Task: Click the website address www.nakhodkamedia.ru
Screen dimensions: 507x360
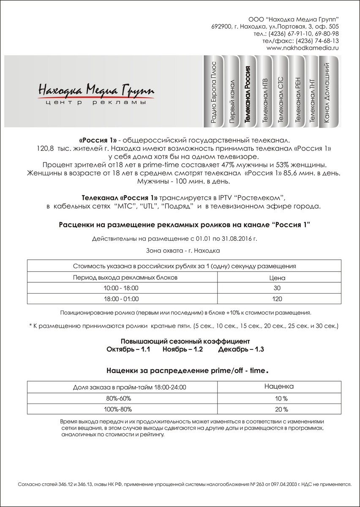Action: click(303, 48)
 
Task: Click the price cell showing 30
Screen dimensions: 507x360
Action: click(278, 288)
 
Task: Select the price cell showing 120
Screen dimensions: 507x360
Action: click(278, 299)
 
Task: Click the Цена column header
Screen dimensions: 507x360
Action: click(278, 278)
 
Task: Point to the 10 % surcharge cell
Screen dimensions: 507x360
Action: click(279, 398)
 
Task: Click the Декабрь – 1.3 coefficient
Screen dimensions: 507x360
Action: click(241, 350)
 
